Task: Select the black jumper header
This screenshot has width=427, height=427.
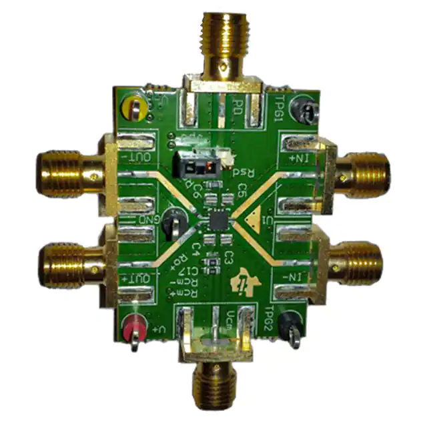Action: [194, 162]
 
